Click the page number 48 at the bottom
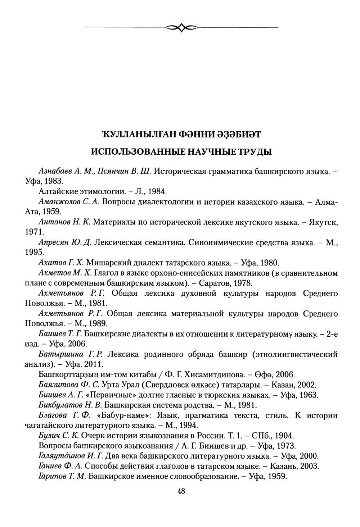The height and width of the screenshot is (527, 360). tap(181, 492)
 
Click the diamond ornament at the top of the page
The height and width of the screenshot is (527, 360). tap(181, 27)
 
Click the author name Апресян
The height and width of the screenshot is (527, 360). tap(51, 243)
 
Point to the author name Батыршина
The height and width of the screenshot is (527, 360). tap(56, 354)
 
